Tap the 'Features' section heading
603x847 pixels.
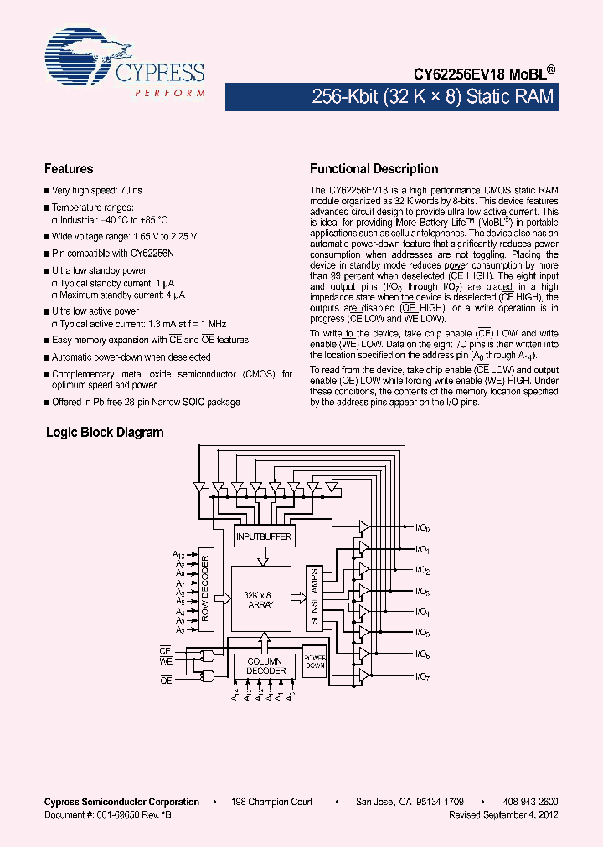[x=69, y=169]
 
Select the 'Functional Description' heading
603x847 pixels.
[x=374, y=169]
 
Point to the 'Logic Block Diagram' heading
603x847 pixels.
[x=104, y=433]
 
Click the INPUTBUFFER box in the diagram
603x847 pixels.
[x=264, y=536]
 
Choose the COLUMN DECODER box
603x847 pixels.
[x=265, y=666]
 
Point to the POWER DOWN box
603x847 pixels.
[x=314, y=661]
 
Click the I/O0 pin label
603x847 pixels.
[x=422, y=529]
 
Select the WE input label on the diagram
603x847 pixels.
[x=166, y=660]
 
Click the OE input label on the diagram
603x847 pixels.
[x=166, y=680]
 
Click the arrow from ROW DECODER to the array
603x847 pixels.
[x=223, y=598]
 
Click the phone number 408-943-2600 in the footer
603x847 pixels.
[x=533, y=802]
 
